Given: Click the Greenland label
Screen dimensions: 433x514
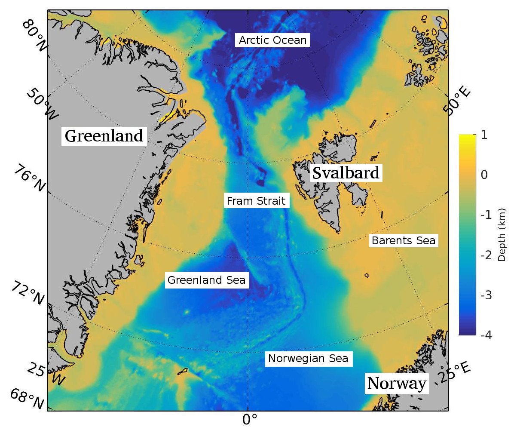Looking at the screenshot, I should click(x=104, y=136).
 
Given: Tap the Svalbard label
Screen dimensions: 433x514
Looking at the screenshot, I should click(x=346, y=173).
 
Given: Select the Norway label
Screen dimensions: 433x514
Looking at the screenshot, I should click(x=398, y=383).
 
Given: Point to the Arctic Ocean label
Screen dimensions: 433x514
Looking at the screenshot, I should click(x=272, y=40).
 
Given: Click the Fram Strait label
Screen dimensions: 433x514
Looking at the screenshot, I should click(x=256, y=201).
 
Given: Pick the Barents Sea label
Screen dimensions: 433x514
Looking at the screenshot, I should click(x=403, y=240).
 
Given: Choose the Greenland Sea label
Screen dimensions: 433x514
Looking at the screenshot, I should click(x=206, y=280).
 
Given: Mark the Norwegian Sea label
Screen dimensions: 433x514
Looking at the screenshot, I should click(x=308, y=358).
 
